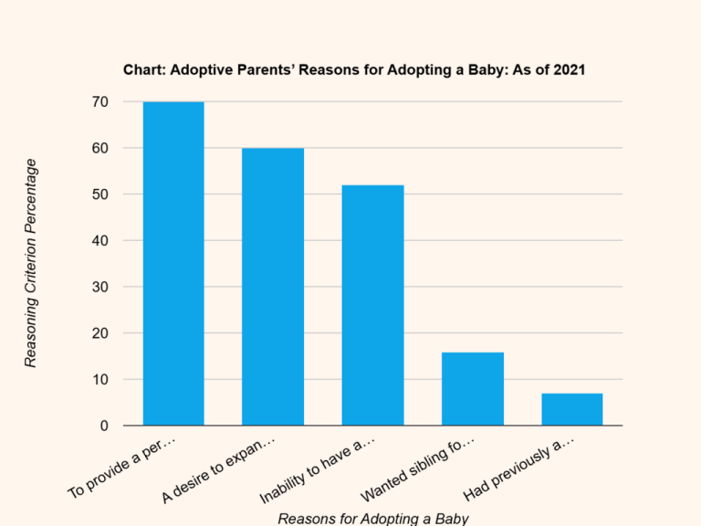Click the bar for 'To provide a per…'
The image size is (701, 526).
173,264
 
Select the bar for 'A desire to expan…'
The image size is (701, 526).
273,287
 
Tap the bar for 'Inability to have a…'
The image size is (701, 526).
372,305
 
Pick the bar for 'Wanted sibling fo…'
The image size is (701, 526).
473,389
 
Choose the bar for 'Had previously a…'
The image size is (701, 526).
572,409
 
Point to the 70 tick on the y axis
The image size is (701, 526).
99,102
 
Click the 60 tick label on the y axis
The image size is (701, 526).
99,148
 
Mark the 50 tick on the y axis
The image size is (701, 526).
99,195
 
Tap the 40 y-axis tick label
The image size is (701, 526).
99,241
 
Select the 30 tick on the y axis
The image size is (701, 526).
99,287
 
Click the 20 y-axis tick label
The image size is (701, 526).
99,333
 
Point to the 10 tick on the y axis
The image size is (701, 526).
99,379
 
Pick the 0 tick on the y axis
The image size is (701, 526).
104,426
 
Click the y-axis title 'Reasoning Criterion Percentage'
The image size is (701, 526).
31,263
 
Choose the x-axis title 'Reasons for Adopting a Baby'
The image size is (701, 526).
372,518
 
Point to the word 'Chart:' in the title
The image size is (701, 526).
144,70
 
